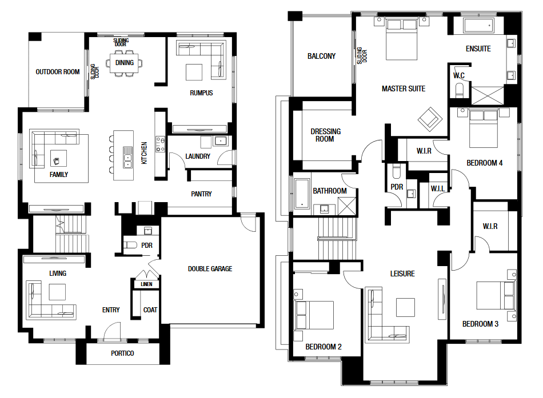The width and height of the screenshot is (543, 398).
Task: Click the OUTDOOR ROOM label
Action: (x=58, y=72)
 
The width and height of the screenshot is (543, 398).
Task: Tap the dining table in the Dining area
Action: (x=125, y=63)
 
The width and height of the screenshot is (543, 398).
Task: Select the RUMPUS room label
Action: (x=201, y=93)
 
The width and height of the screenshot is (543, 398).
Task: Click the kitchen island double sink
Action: (x=127, y=157)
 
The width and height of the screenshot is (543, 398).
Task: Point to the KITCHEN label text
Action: (x=145, y=152)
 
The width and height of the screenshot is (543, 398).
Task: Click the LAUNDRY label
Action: (x=198, y=156)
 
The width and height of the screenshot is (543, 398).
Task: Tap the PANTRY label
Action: (x=201, y=194)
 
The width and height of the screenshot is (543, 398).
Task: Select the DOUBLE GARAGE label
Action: (x=210, y=269)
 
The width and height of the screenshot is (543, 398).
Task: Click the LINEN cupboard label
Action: (x=146, y=284)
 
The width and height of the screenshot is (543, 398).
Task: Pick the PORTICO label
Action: (x=122, y=353)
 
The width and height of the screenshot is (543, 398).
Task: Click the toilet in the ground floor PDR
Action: (x=130, y=245)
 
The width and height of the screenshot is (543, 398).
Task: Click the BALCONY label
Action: (x=321, y=56)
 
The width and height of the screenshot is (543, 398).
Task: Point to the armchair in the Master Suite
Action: (x=430, y=119)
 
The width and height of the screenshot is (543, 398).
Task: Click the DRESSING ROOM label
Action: (x=325, y=135)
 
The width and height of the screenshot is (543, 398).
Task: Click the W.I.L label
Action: (x=438, y=188)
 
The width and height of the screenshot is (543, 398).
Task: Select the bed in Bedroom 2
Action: (x=314, y=315)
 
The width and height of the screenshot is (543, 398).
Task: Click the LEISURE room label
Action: (x=402, y=274)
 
